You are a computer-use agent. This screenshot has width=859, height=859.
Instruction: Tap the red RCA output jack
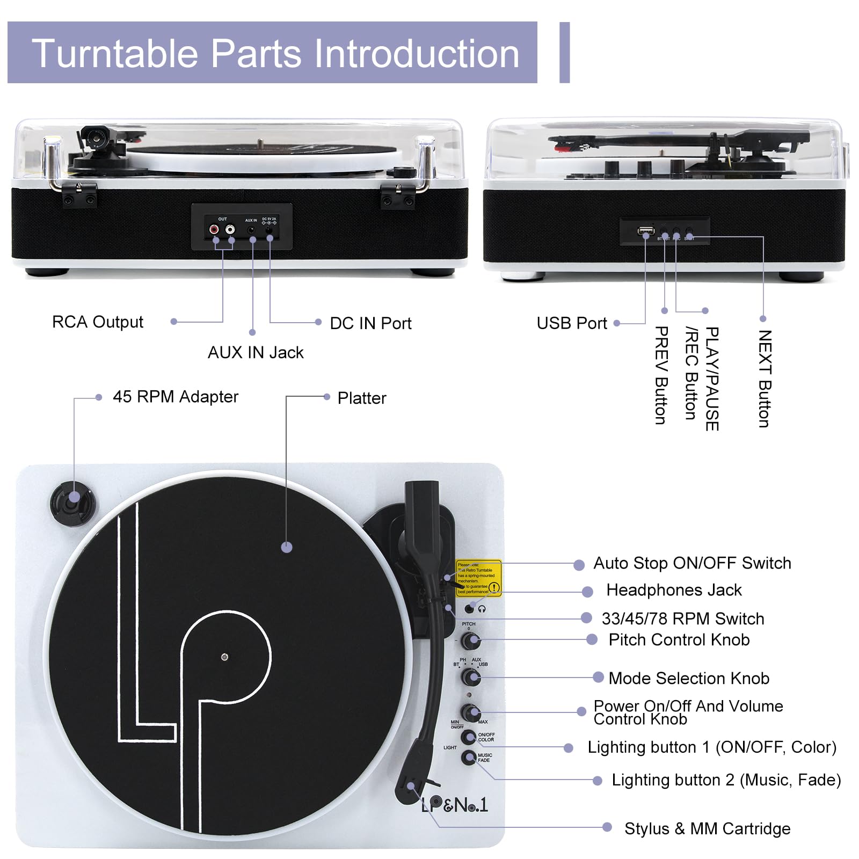pos(214,230)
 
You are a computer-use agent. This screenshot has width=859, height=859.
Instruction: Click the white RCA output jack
pos(230,230)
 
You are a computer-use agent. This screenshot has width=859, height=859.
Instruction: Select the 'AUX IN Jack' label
pos(256,353)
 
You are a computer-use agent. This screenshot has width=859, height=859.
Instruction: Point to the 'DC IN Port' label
pos(370,323)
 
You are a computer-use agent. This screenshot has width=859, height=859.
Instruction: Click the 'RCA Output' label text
pos(98,322)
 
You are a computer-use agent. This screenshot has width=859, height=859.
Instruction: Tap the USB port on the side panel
pos(646,231)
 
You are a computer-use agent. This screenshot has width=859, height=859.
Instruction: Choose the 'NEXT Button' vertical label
pos(764,378)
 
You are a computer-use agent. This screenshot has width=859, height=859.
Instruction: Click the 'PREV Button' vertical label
pos(661,375)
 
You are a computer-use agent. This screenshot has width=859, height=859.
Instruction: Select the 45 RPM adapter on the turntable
pos(73,504)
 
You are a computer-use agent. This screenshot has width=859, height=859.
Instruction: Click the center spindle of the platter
pos(224,657)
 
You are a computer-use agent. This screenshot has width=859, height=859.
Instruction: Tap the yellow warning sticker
pos(478,578)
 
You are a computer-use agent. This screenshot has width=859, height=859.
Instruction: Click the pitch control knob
pos(471,640)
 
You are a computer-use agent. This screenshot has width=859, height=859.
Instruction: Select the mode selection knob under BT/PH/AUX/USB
pos(471,677)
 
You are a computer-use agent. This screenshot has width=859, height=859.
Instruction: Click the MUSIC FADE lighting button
pos(469,758)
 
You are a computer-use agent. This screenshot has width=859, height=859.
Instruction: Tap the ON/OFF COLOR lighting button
pos(469,737)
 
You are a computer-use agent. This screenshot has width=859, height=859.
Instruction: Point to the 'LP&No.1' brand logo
pos(454,804)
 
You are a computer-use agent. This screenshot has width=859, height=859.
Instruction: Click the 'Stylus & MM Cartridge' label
pos(707,828)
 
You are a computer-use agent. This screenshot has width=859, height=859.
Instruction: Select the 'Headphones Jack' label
pos(674,590)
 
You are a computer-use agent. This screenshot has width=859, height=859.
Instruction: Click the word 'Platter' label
pos(361,398)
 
